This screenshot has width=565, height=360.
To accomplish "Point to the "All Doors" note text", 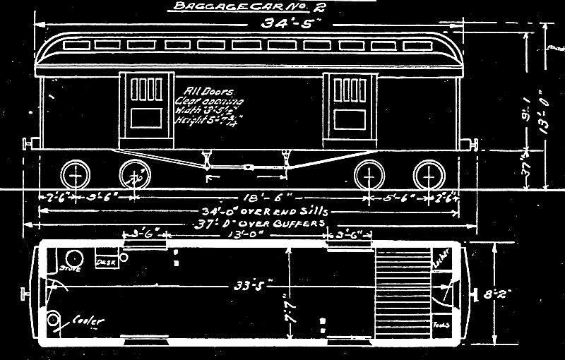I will click(x=203, y=91).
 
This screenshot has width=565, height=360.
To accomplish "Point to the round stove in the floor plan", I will click(x=71, y=257).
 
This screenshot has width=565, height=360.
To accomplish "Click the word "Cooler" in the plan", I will click(x=89, y=321).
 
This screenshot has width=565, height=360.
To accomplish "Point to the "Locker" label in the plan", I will click(x=437, y=265).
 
